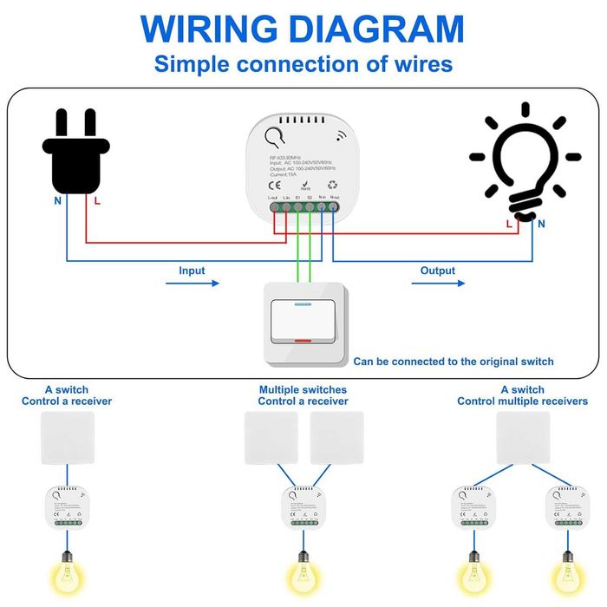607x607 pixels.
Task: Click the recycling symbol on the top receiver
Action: click(x=334, y=185)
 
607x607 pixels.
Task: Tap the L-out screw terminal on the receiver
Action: click(x=274, y=208)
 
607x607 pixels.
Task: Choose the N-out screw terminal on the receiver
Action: click(x=334, y=208)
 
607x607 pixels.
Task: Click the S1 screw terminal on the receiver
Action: click(x=297, y=208)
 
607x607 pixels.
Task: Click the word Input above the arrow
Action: click(x=192, y=271)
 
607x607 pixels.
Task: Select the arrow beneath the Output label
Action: click(x=437, y=283)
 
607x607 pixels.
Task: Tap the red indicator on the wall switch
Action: click(x=303, y=342)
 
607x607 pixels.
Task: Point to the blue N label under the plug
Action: click(x=58, y=200)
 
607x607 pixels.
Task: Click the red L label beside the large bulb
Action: click(x=509, y=224)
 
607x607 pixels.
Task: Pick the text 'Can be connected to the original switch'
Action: click(x=453, y=362)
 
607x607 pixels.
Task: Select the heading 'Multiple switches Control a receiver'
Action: click(x=303, y=395)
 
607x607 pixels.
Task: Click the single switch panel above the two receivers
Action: click(x=523, y=436)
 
